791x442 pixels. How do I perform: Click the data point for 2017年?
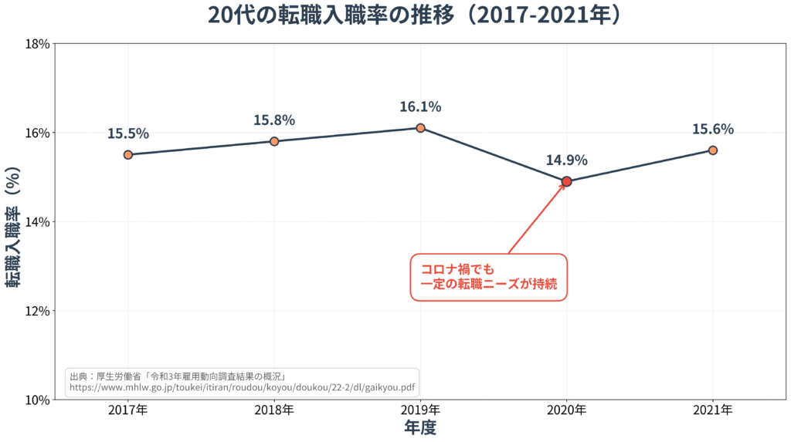pos(128,154)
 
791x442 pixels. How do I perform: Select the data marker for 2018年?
pos(274,141)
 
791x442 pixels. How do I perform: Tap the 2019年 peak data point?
pos(420,128)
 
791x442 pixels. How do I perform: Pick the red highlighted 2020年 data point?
pos(566,181)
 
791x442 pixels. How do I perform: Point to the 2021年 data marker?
pos(713,150)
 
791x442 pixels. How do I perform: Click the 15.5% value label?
pos(128,133)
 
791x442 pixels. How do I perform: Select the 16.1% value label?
pos(420,106)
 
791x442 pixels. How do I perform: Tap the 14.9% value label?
pos(566,160)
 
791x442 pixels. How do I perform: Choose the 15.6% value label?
pos(712,129)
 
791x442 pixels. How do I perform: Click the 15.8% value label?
pos(274,120)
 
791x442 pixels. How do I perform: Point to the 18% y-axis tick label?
pos(38,44)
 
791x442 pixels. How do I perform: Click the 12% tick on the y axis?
pos(38,311)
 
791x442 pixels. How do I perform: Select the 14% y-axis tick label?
pos(38,222)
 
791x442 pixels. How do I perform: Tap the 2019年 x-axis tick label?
pos(420,410)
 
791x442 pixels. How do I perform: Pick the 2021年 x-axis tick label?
pos(712,410)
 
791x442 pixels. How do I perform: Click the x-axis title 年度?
pos(420,427)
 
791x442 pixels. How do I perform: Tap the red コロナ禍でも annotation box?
pos(488,277)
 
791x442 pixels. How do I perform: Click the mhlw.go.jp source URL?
pos(242,388)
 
